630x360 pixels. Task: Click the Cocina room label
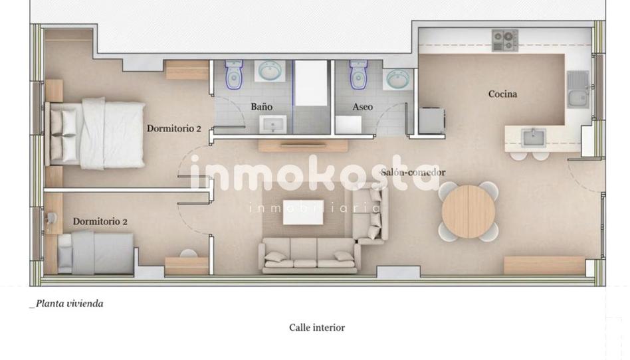(502, 94)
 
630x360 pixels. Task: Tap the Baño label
(262, 106)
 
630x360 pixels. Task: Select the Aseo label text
(362, 106)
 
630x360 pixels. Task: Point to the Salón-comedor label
(413, 173)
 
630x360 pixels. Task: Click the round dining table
(469, 211)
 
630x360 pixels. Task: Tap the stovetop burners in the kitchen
(505, 40)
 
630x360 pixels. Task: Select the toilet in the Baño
(233, 74)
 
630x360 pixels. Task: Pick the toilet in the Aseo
(358, 74)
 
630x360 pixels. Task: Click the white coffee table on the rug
(303, 212)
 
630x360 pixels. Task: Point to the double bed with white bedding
(95, 134)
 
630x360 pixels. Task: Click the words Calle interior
(317, 327)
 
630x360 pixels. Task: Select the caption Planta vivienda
(66, 304)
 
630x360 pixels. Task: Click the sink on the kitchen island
(533, 138)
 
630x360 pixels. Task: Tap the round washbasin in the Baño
(270, 71)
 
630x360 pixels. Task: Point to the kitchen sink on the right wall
(577, 89)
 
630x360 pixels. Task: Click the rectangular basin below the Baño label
(273, 124)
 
